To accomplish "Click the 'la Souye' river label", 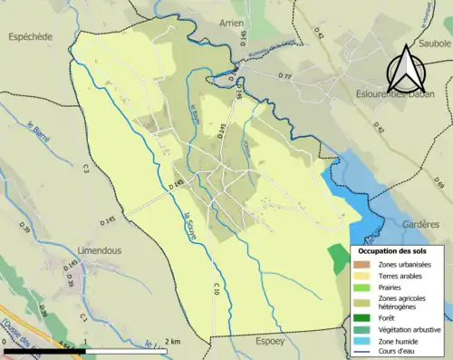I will [189, 223].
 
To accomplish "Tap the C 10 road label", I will [217, 288].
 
